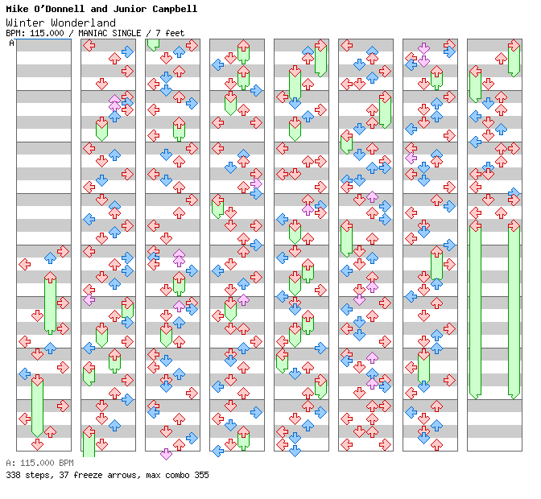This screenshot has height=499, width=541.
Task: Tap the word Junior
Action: pos(133,9)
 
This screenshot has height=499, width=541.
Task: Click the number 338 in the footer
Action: pos(13,475)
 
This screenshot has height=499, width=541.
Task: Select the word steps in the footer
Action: pos(36,475)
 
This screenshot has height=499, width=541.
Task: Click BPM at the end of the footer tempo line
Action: pos(65,464)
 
